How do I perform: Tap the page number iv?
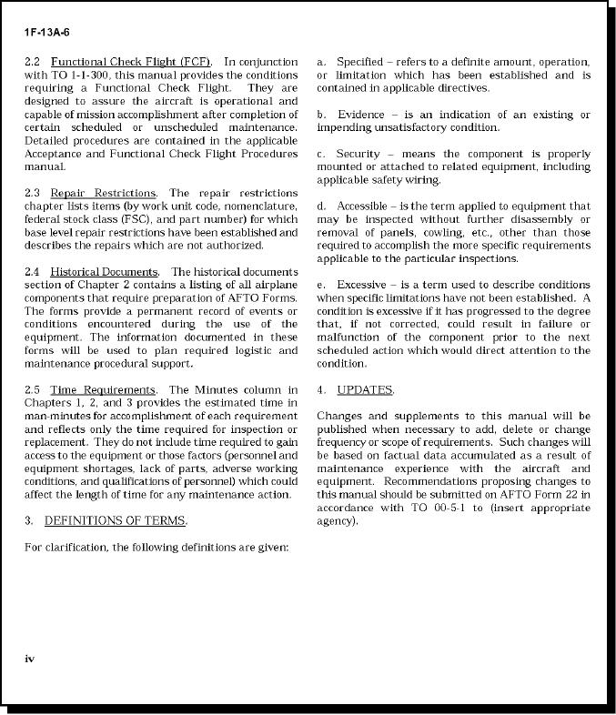click(x=30, y=657)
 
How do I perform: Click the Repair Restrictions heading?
click(x=103, y=194)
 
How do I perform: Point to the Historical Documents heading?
click(x=104, y=273)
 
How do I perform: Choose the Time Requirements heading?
click(x=103, y=390)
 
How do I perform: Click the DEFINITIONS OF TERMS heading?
click(x=115, y=521)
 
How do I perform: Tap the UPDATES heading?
click(x=364, y=390)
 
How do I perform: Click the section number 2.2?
click(x=33, y=62)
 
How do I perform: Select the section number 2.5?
click(x=33, y=390)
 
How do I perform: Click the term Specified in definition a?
click(x=359, y=62)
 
